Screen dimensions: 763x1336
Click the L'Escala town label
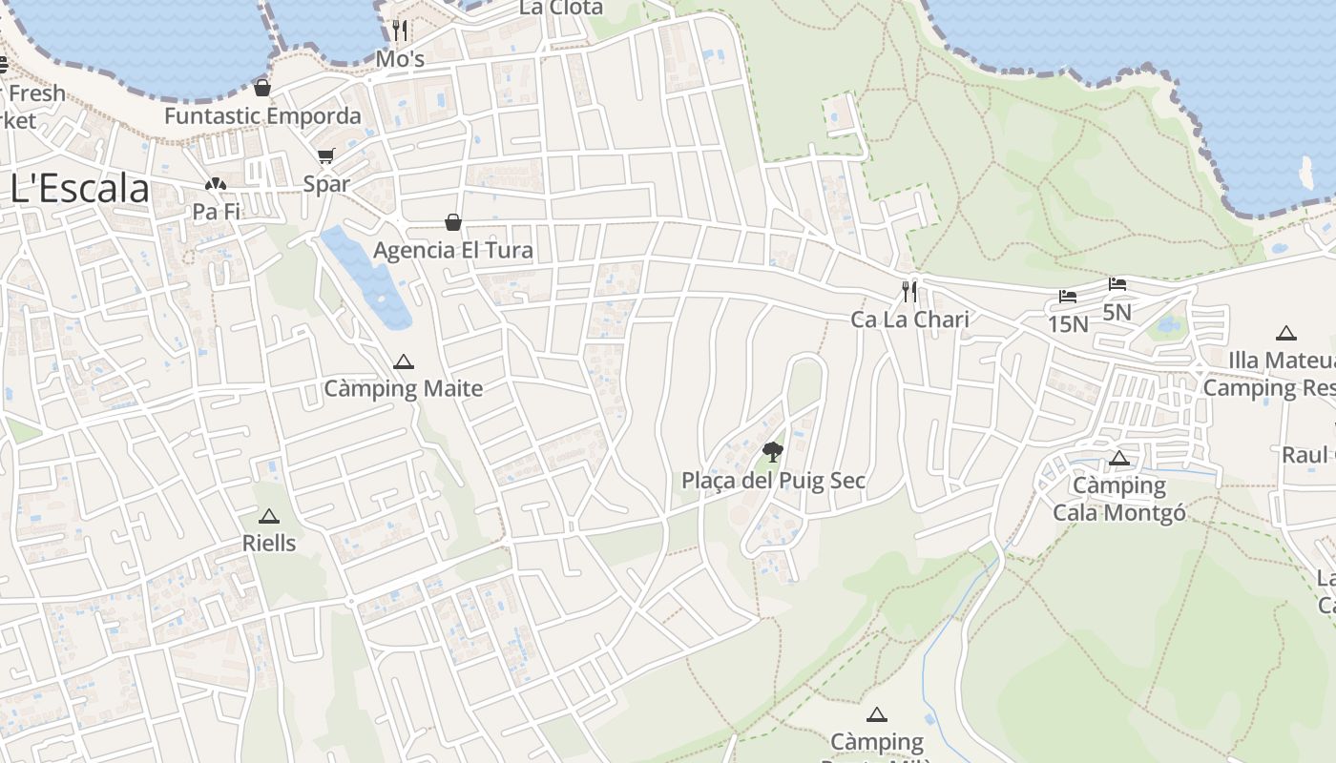(80, 189)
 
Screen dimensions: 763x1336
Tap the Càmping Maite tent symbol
(404, 362)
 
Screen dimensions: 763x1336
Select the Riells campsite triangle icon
(269, 517)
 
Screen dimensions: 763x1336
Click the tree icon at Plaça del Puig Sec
(773, 451)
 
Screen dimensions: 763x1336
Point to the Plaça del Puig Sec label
(773, 481)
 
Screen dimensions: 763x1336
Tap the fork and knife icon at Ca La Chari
(909, 291)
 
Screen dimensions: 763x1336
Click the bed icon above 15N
(1068, 297)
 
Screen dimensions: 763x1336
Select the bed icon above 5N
(1117, 284)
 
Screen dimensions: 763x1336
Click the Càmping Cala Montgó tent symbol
(1119, 459)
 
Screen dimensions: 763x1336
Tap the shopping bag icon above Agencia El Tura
(453, 222)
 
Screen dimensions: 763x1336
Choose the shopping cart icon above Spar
(326, 155)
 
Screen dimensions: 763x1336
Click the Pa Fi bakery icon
(216, 183)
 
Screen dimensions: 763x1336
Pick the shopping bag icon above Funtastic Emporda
(262, 88)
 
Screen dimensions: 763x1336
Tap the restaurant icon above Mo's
(400, 31)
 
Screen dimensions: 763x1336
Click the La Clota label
(561, 8)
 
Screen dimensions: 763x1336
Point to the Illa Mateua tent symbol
(1286, 334)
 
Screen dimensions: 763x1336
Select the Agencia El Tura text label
(453, 251)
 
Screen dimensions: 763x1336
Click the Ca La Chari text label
(909, 320)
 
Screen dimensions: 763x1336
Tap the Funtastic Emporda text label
(262, 116)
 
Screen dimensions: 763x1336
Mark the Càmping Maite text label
(404, 389)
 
